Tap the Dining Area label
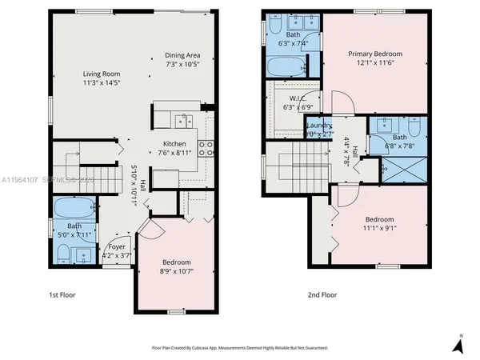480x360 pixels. [x=182, y=54]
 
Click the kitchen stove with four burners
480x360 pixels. [x=205, y=146]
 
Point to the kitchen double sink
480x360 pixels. [x=185, y=122]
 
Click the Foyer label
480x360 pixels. [x=117, y=247]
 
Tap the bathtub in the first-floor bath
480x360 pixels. [x=73, y=210]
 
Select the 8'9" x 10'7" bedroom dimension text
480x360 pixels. [x=177, y=271]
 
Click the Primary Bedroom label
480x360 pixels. [x=374, y=54]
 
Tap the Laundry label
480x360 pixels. [x=319, y=126]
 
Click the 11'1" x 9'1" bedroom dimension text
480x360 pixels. [x=379, y=226]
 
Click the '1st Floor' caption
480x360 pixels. [x=62, y=294]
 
